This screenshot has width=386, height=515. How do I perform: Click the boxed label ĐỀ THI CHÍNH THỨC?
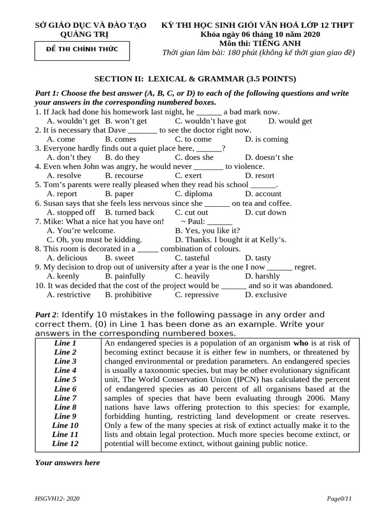point(82,49)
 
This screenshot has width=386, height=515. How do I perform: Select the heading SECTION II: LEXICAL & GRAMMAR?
point(196,79)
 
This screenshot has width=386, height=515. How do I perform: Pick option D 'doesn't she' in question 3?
point(269,157)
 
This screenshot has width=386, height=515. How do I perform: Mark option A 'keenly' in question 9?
point(63,276)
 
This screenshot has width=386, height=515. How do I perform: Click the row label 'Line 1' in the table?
point(65,343)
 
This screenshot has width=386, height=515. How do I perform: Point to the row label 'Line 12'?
point(65,444)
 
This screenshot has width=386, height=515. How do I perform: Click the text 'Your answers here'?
point(67,463)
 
